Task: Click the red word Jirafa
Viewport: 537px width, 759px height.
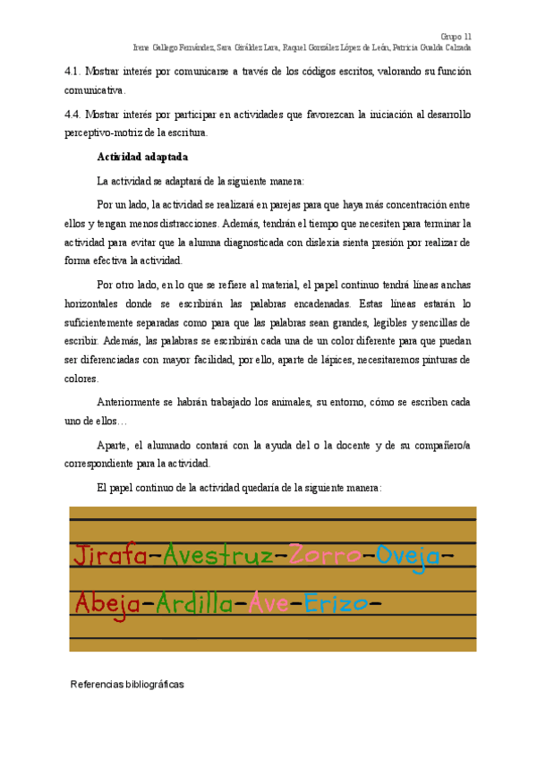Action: (x=110, y=557)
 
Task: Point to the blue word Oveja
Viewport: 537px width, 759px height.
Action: (x=407, y=557)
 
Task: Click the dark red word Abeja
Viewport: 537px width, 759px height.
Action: (x=107, y=604)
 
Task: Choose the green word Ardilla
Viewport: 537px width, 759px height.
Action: (x=194, y=604)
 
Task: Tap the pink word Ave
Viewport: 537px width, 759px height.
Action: (x=268, y=604)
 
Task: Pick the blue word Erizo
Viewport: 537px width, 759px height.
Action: (x=336, y=604)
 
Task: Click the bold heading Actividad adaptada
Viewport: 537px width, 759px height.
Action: (x=142, y=158)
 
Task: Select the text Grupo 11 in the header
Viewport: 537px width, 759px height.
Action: (x=456, y=35)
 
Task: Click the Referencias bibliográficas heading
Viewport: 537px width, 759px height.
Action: (x=127, y=684)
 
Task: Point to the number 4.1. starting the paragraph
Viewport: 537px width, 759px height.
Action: (x=74, y=71)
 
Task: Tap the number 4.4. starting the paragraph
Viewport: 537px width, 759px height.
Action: (x=74, y=115)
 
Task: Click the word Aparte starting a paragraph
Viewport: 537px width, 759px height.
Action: (x=112, y=446)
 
